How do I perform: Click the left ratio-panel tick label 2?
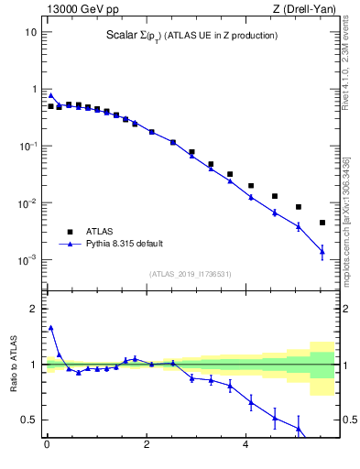(x=33, y=309)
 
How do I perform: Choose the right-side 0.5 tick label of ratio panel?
(x=348, y=420)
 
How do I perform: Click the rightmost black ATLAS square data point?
(x=322, y=223)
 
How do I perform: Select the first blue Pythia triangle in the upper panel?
(x=51, y=95)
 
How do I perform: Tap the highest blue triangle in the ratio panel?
(x=51, y=327)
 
